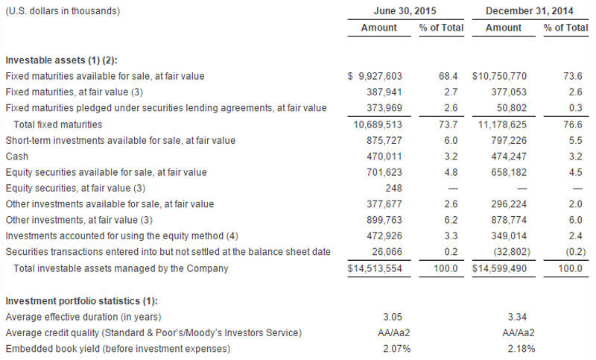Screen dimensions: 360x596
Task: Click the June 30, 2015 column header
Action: (x=405, y=11)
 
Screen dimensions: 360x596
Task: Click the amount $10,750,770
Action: (x=503, y=76)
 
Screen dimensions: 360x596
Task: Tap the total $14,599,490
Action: (x=503, y=268)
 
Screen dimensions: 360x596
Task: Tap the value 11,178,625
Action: (x=507, y=124)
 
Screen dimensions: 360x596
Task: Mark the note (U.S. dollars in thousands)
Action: (x=63, y=11)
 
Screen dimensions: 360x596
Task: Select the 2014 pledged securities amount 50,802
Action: (x=514, y=108)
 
